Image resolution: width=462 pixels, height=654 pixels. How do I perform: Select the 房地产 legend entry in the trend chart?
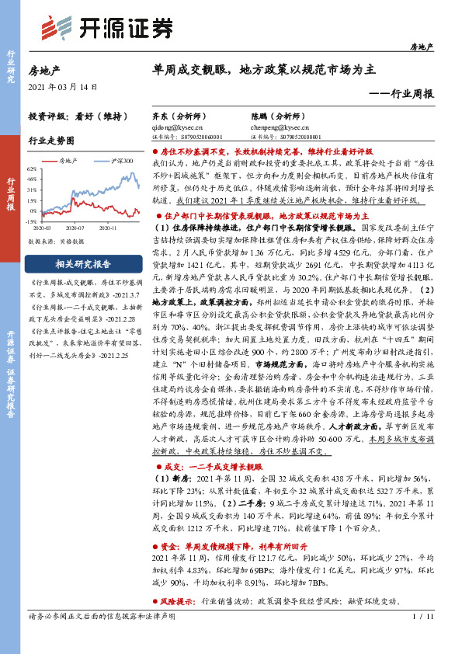pyautogui.click(x=71, y=160)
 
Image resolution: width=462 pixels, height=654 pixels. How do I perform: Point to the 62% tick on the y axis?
pyautogui.click(x=31, y=168)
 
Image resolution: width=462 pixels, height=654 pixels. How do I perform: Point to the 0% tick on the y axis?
pyautogui.click(x=32, y=210)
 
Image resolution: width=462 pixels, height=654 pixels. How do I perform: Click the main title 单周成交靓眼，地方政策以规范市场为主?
pyautogui.click(x=264, y=69)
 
